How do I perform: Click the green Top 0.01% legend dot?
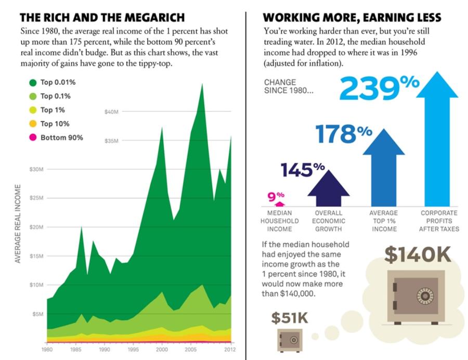33,82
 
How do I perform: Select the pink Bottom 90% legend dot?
33,138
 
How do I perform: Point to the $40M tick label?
112,111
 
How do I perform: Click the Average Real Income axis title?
18,224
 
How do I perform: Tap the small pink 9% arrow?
279,204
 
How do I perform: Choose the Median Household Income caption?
280,221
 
